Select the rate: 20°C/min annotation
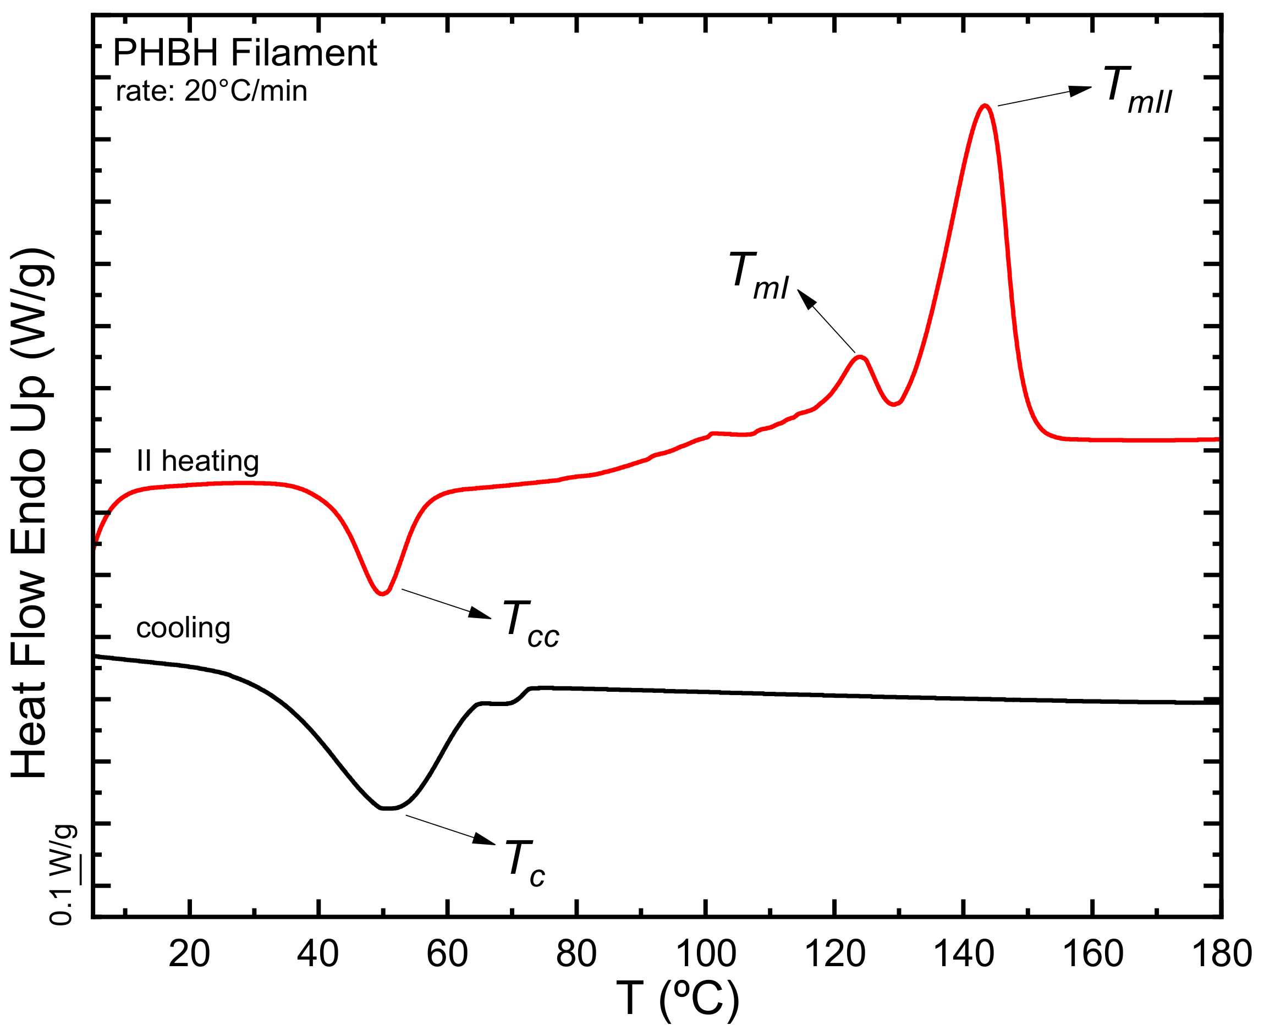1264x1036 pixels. click(211, 91)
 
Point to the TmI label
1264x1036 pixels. click(759, 275)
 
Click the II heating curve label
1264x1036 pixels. click(197, 461)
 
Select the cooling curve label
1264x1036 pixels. click(183, 628)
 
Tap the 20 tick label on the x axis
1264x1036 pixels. click(189, 953)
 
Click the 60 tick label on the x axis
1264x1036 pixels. click(447, 953)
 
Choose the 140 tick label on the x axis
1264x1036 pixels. click(963, 953)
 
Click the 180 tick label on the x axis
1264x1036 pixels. click(1221, 953)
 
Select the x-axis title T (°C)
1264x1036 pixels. click(677, 998)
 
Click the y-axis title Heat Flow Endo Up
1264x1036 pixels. click(30, 513)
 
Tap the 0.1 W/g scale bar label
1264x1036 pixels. click(63, 875)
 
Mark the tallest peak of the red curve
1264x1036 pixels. click(985, 106)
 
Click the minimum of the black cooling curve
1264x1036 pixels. click(388, 808)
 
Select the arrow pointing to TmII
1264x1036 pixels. click(1045, 97)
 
